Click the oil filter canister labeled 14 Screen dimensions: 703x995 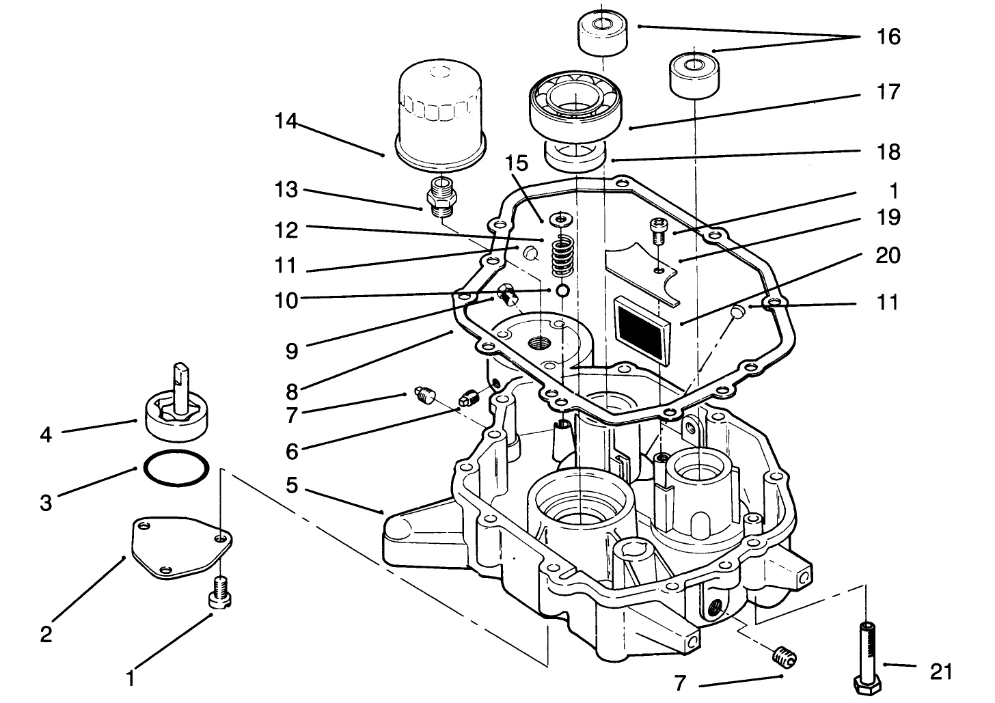pyautogui.click(x=440, y=113)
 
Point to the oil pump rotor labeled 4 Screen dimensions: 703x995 pyautogui.click(x=179, y=410)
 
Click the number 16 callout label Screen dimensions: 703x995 pyautogui.click(x=888, y=36)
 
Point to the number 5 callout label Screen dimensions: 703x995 pyautogui.click(x=292, y=486)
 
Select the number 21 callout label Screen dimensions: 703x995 pyautogui.click(x=941, y=672)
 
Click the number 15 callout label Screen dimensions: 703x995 pyautogui.click(x=517, y=163)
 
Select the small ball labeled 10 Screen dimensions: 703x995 pyautogui.click(x=562, y=291)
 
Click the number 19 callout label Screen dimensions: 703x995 pyautogui.click(x=888, y=217)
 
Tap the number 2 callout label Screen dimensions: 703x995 pyautogui.click(x=46, y=635)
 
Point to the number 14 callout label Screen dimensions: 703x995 pyautogui.click(x=287, y=122)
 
